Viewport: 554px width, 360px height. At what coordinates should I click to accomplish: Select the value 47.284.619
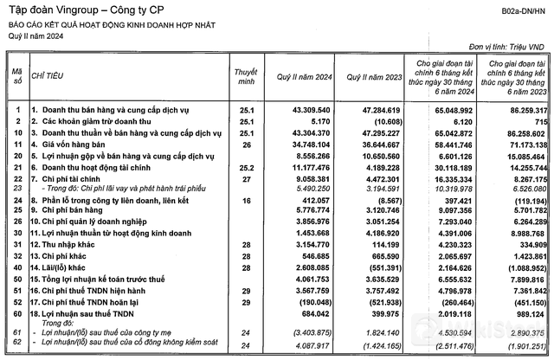tap(374, 112)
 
